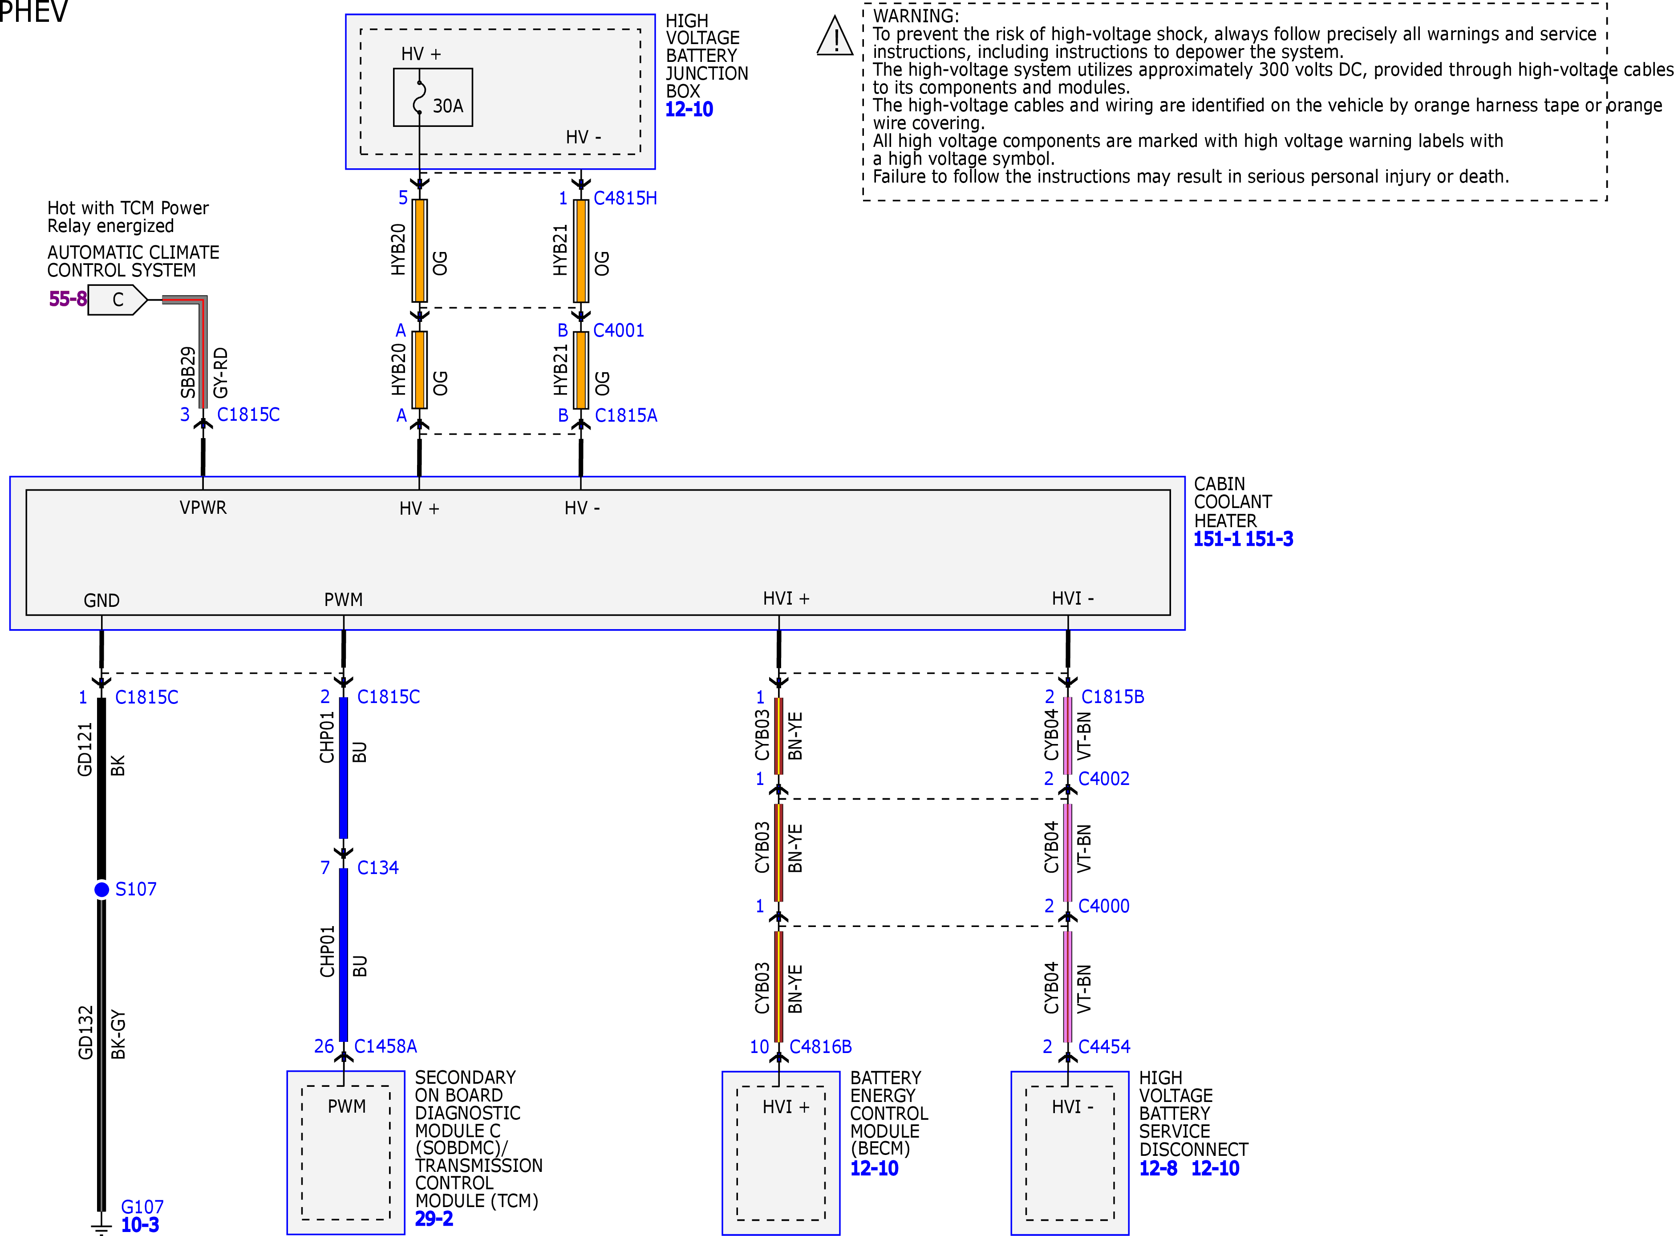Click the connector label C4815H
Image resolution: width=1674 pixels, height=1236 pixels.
(x=625, y=198)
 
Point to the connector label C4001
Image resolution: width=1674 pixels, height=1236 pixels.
(x=619, y=331)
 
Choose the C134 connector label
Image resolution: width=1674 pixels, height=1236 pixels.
(x=378, y=868)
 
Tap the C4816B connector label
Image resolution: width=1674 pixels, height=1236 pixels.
(x=821, y=1047)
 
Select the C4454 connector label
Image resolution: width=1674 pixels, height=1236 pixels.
(x=1104, y=1047)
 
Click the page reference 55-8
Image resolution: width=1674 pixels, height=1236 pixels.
(x=68, y=299)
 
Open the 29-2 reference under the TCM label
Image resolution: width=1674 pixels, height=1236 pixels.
(x=434, y=1219)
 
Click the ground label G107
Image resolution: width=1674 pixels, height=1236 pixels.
(x=142, y=1207)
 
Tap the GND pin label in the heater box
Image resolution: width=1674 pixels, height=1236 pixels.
(x=102, y=601)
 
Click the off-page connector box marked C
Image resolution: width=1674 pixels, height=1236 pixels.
(x=118, y=300)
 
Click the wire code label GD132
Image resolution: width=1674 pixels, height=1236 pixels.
(x=85, y=1033)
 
